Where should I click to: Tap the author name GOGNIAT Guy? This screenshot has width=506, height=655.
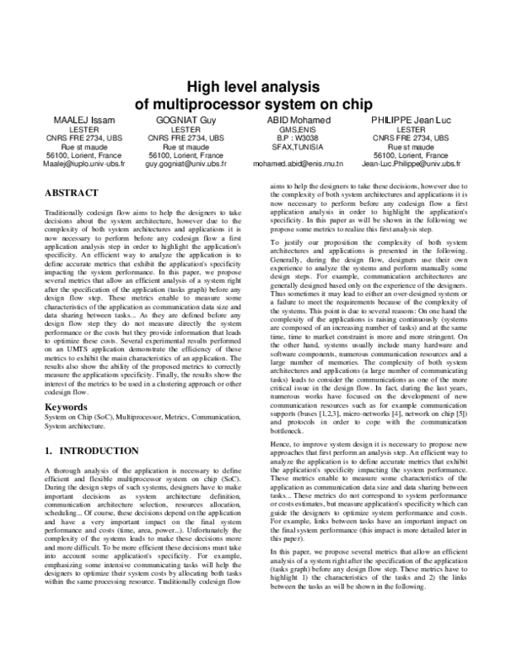186,121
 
